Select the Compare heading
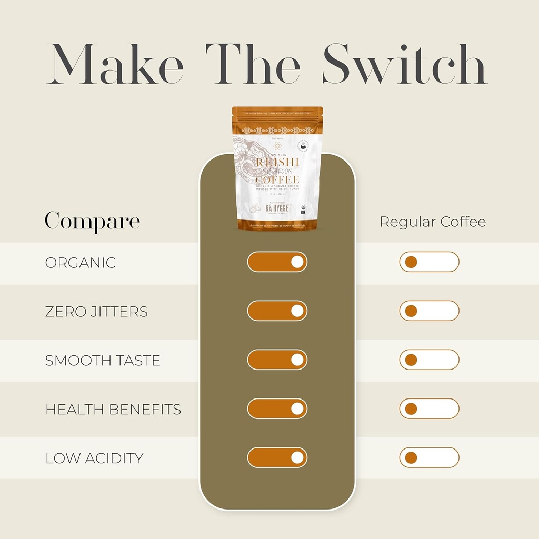pos(92,221)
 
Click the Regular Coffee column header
pos(433,222)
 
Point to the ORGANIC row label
pos(80,263)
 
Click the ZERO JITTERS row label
pos(96,312)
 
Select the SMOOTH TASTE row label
pos(103,361)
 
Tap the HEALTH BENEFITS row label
pos(113,410)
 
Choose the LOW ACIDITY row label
pos(94,458)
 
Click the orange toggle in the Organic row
pos(277,262)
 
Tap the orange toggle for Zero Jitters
pos(277,311)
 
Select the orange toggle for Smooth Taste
pos(277,360)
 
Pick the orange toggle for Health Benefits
pos(277,408)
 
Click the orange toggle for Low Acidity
pos(277,457)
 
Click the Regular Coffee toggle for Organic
pos(429,262)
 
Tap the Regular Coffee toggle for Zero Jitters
pos(429,311)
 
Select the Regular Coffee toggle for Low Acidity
pos(429,457)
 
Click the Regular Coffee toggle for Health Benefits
pos(429,408)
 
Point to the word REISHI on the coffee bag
pos(277,162)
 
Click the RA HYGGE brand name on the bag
pos(277,208)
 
